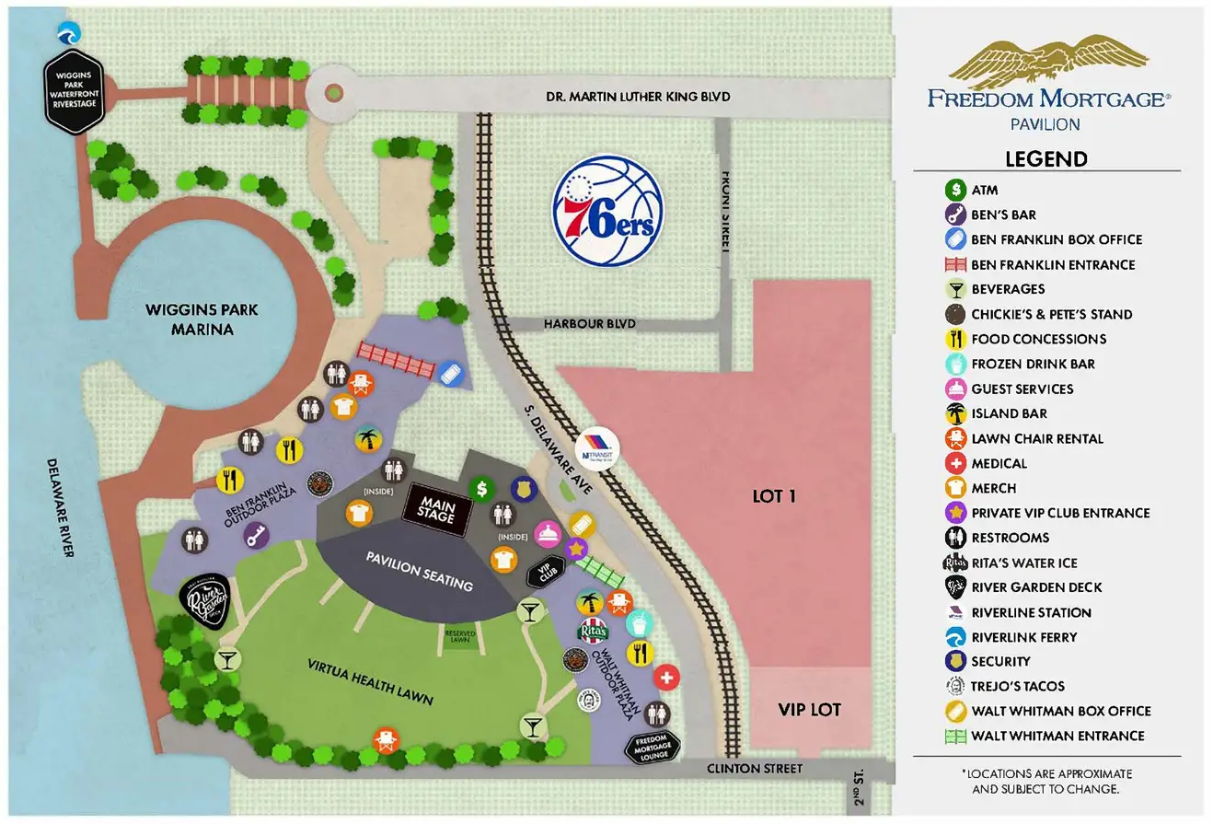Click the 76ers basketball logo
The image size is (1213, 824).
[606, 213]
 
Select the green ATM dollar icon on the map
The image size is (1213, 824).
[481, 489]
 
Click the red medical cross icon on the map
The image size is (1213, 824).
[666, 678]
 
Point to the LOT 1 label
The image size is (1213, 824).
[773, 496]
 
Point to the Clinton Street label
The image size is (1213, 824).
[754, 768]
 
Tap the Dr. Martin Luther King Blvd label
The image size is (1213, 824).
[638, 96]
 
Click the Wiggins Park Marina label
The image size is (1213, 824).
[202, 319]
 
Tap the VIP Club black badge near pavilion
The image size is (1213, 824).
[544, 571]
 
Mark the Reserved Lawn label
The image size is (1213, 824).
[460, 635]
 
